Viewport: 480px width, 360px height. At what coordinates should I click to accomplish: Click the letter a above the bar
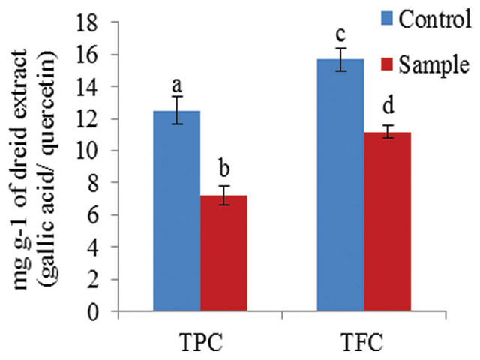tap(177, 82)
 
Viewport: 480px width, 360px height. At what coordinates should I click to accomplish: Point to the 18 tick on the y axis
tap(100, 22)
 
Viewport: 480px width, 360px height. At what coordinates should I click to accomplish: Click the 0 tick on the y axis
tap(105, 310)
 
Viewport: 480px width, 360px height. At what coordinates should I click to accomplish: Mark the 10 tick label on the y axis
tap(100, 151)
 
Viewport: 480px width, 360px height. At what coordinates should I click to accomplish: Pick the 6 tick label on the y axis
tap(105, 215)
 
